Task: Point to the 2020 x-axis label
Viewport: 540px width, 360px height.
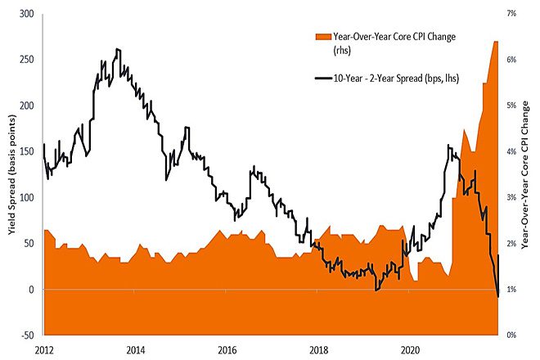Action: [x=412, y=349]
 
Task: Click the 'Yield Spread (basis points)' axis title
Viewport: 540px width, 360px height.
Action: [x=11, y=174]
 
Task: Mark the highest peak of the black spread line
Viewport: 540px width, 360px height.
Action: [x=118, y=49]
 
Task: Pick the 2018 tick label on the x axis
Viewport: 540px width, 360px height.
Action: [x=320, y=349]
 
